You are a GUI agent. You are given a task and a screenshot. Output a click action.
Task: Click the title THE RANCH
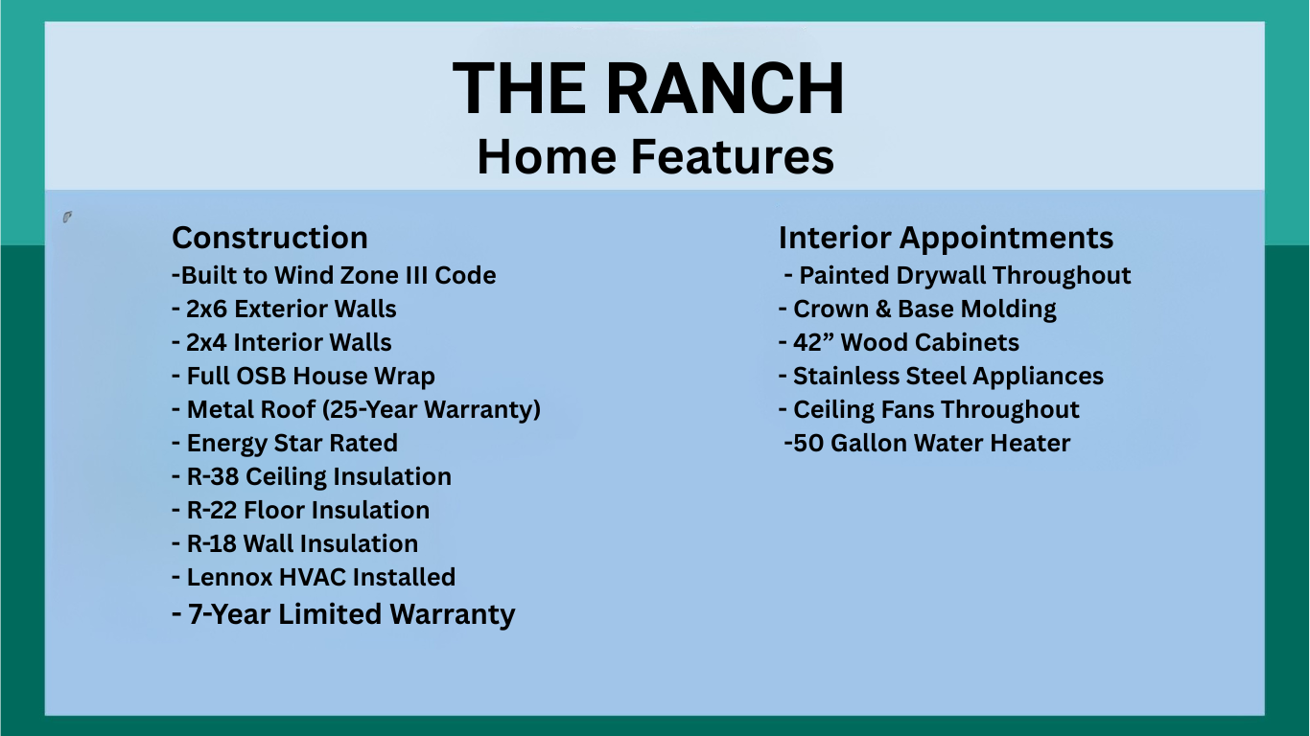pyautogui.click(x=648, y=88)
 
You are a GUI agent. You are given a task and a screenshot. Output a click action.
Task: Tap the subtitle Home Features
pyautogui.click(x=656, y=156)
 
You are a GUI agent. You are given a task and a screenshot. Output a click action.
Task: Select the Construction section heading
pyautogui.click(x=269, y=238)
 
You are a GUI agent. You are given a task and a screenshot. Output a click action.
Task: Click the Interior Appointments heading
pyautogui.click(x=946, y=238)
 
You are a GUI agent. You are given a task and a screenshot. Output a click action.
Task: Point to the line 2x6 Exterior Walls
pyautogui.click(x=284, y=309)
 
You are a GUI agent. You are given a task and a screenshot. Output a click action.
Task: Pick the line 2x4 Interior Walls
pyautogui.click(x=282, y=342)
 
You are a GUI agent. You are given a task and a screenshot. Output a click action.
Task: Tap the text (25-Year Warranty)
pyautogui.click(x=432, y=410)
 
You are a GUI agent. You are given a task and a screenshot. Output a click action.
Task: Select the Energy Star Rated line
pyautogui.click(x=285, y=443)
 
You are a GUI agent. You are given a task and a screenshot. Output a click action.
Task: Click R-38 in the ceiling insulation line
pyautogui.click(x=212, y=476)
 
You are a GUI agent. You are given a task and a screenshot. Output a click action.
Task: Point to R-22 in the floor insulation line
pyautogui.click(x=211, y=511)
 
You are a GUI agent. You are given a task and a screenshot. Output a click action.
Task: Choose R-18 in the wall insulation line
pyautogui.click(x=211, y=543)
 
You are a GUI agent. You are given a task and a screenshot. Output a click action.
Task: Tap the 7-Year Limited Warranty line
pyautogui.click(x=343, y=614)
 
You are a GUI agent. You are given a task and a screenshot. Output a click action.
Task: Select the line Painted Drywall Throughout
pyautogui.click(x=957, y=276)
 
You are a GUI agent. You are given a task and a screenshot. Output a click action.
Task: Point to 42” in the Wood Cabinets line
pyautogui.click(x=813, y=342)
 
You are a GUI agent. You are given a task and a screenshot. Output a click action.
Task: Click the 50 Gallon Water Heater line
pyautogui.click(x=927, y=443)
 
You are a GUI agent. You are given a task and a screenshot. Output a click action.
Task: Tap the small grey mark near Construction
pyautogui.click(x=67, y=218)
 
